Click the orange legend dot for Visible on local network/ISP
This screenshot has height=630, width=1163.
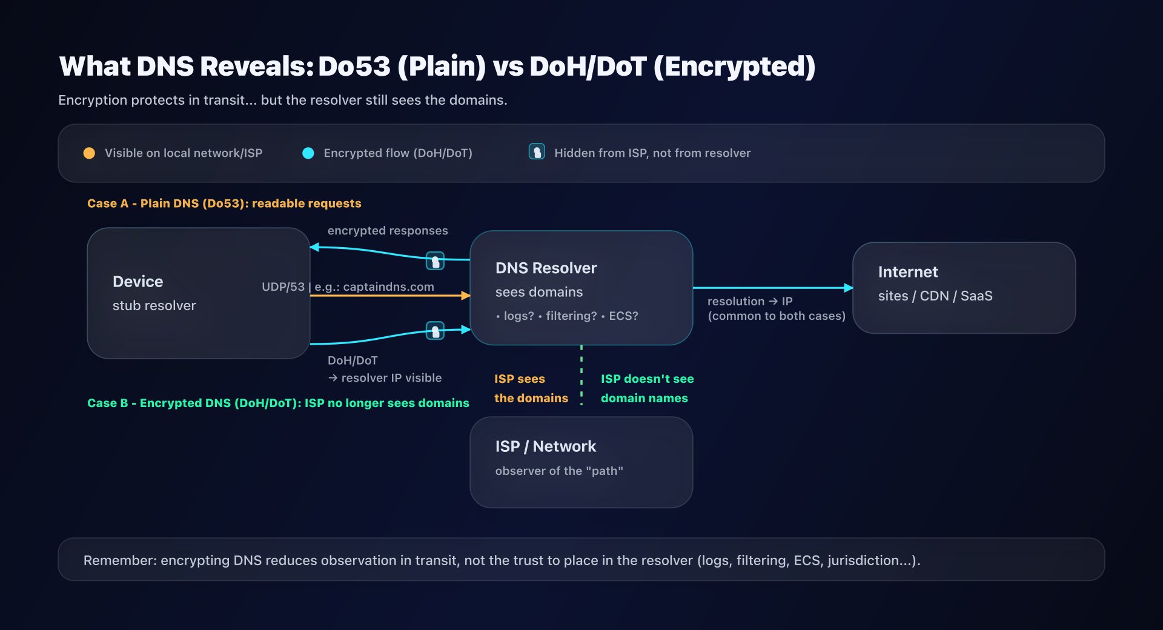[x=89, y=153]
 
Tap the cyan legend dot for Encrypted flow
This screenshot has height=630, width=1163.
[x=308, y=153]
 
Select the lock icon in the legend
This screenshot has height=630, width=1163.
[x=537, y=151]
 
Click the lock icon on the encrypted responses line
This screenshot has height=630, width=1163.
[x=435, y=261]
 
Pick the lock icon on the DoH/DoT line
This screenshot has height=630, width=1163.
[x=435, y=331]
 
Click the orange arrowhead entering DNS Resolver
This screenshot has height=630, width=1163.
[x=466, y=296]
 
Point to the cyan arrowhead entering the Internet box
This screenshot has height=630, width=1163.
[x=849, y=288]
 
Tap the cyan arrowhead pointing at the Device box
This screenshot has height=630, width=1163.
[x=314, y=247]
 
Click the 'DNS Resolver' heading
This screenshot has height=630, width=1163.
[x=546, y=268]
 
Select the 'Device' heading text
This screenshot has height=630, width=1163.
[x=138, y=282]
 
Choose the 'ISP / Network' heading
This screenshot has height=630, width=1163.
[x=545, y=446]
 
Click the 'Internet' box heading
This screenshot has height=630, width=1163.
[x=907, y=272]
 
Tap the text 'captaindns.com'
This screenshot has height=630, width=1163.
[x=388, y=287]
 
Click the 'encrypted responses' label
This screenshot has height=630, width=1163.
[x=388, y=231]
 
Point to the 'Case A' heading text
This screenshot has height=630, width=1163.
[x=224, y=204]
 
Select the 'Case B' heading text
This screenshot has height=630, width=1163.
[x=277, y=403]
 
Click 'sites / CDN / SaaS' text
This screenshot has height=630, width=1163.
[x=935, y=296]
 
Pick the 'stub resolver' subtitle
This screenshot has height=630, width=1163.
[x=154, y=306]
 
